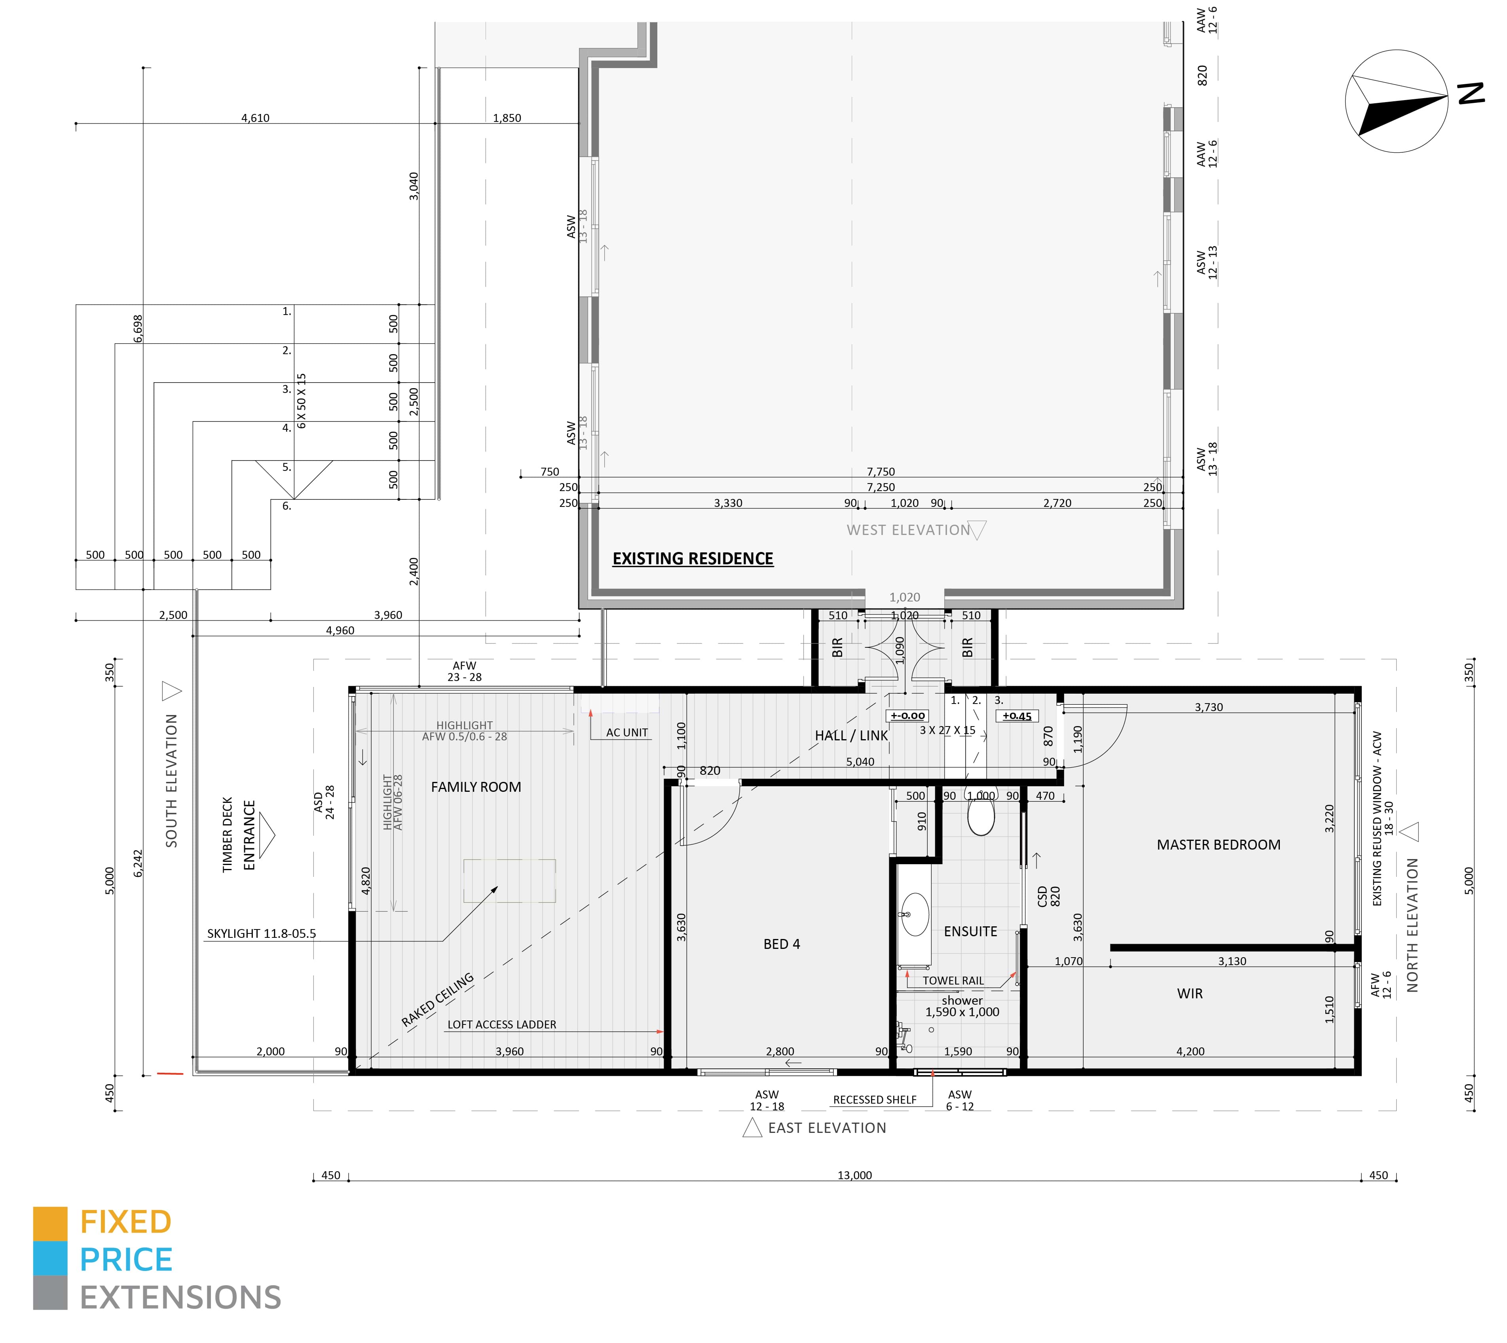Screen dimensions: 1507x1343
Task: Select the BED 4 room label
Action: click(x=782, y=944)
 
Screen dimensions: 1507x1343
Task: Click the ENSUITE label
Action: click(x=970, y=931)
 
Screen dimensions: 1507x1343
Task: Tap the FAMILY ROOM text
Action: click(x=476, y=787)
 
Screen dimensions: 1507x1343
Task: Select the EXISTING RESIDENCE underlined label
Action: click(x=693, y=559)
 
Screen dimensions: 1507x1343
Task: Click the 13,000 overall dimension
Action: click(x=854, y=1176)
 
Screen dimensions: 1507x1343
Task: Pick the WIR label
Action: click(x=1190, y=993)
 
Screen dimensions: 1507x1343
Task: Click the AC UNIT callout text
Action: click(x=627, y=733)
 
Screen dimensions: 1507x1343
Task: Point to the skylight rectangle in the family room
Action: click(x=509, y=881)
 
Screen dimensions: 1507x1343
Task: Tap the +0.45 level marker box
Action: click(x=1017, y=716)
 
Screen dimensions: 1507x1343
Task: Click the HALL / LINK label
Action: click(x=852, y=736)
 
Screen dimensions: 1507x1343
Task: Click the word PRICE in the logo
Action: click(x=126, y=1260)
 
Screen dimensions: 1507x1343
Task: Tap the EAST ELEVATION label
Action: click(x=827, y=1127)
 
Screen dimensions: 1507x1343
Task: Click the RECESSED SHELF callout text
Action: click(x=875, y=1100)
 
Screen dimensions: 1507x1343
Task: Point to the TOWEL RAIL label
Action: click(x=953, y=981)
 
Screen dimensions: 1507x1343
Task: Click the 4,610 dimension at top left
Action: click(x=255, y=118)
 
